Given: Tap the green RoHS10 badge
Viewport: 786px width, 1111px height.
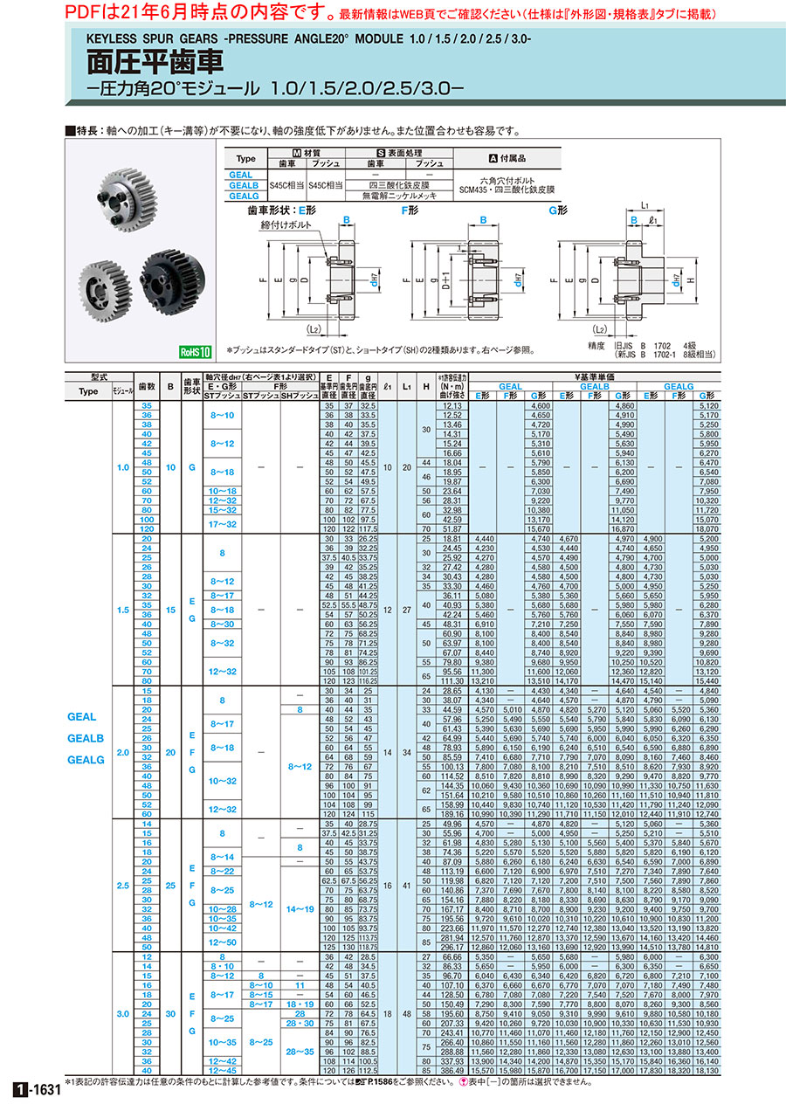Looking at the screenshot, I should tap(196, 352).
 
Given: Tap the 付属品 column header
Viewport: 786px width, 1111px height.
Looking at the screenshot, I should tap(512, 159).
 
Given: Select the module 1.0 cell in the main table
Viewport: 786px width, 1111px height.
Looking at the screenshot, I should tap(122, 467).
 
